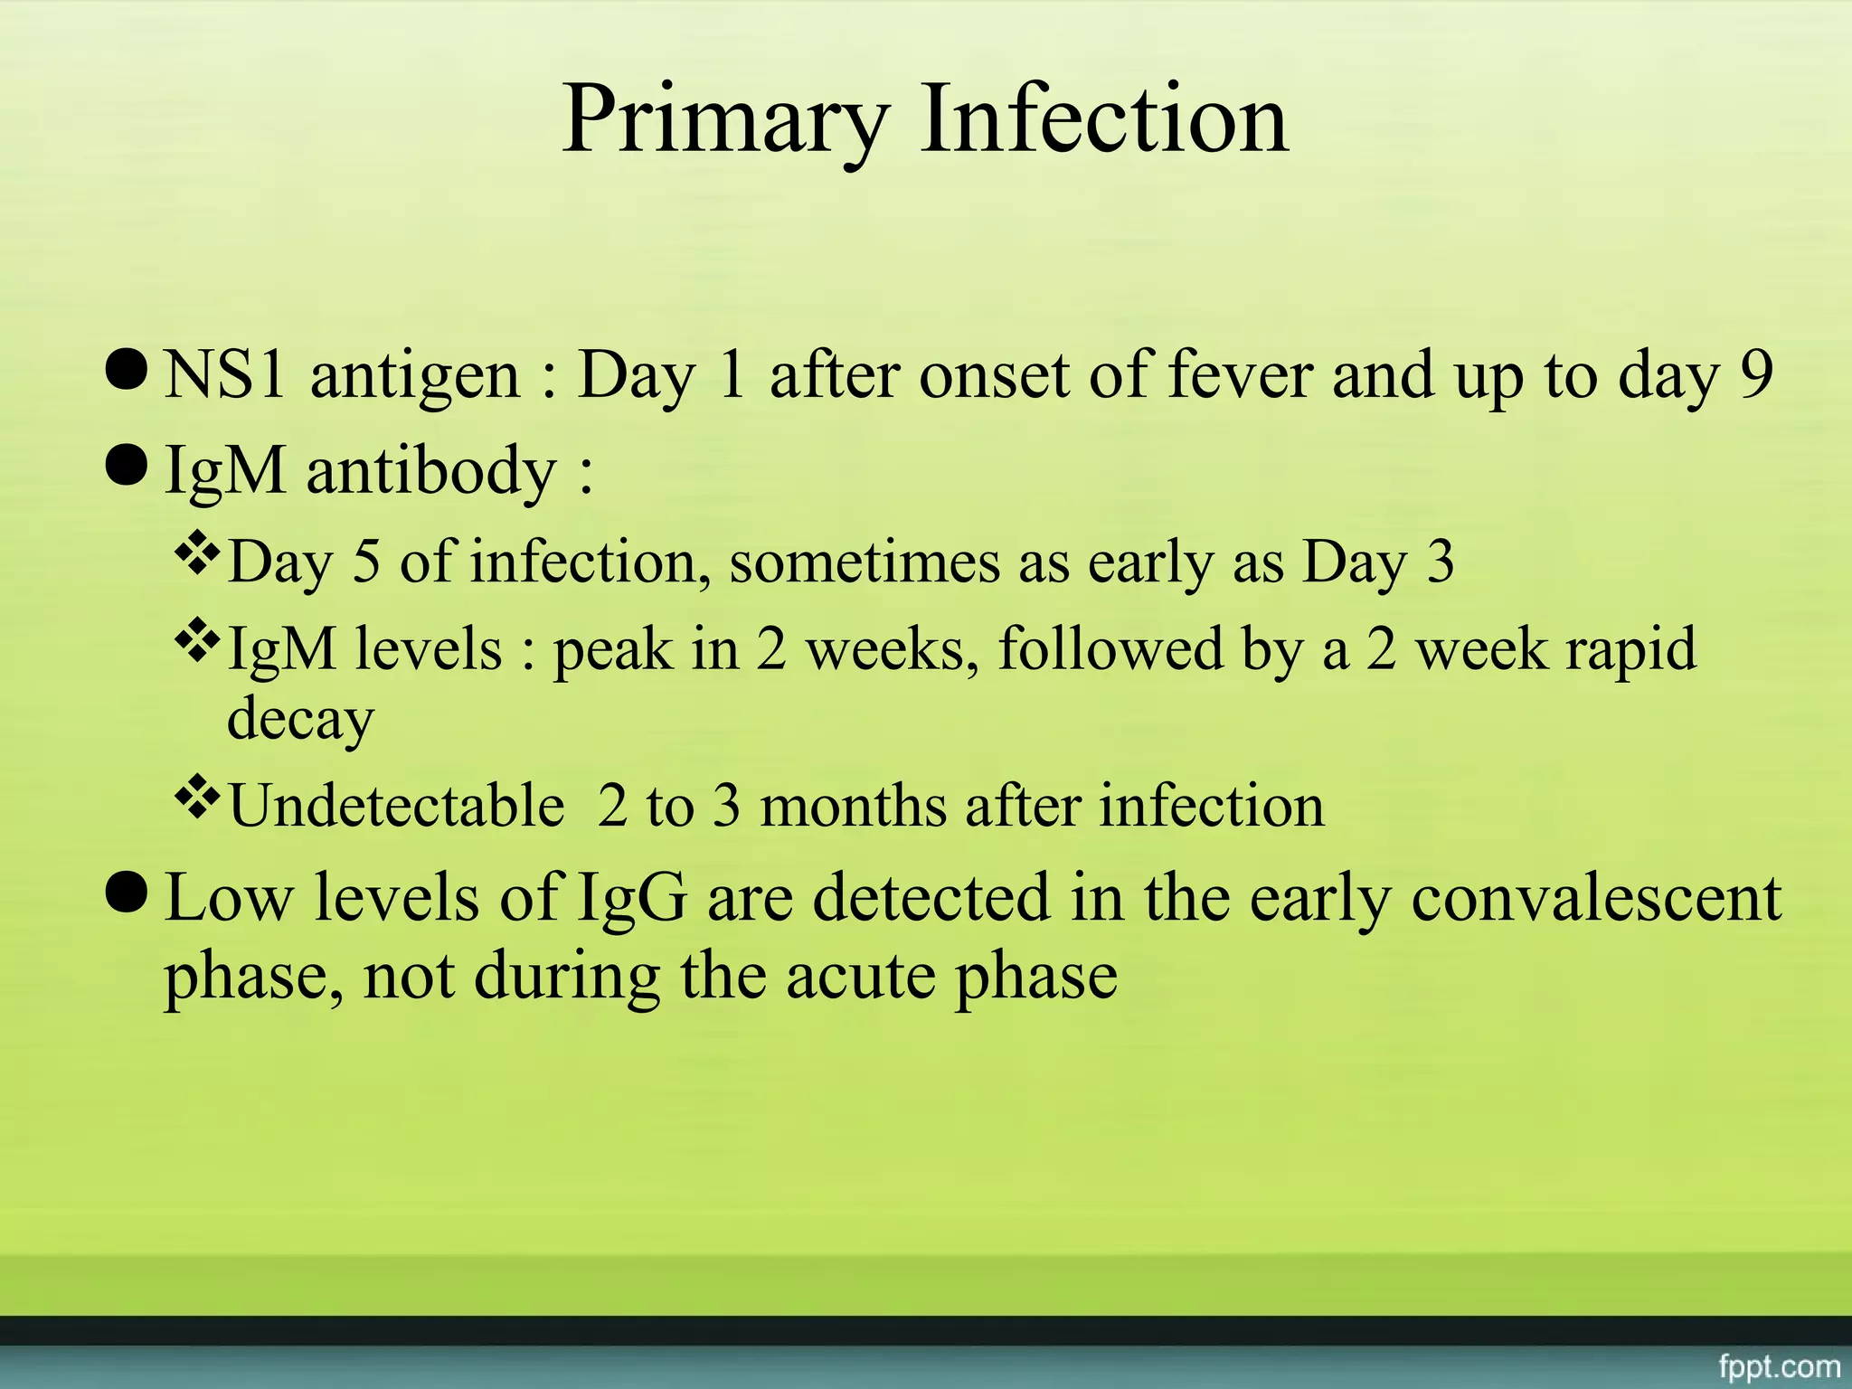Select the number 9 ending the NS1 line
[x=1755, y=375]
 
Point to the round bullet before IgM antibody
[x=126, y=465]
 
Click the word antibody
[x=431, y=471]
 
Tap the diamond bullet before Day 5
[x=197, y=555]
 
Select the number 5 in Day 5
[x=365, y=562]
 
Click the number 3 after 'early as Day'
[x=1440, y=562]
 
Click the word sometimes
[x=865, y=562]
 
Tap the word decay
[x=300, y=720]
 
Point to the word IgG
[x=630, y=898]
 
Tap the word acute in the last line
[x=860, y=977]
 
